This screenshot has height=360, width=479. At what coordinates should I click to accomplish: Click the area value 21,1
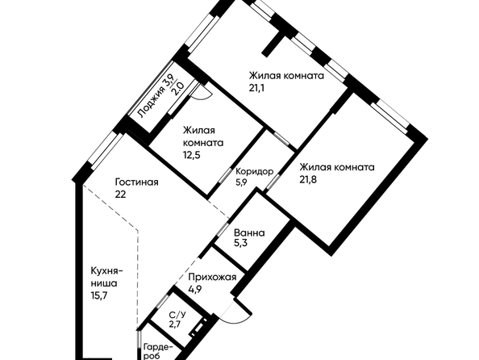coord(256,88)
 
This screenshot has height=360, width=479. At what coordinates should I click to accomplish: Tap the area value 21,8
coord(308,179)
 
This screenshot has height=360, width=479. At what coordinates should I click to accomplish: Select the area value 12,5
coord(192,155)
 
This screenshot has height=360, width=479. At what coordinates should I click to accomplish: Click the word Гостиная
coord(136,182)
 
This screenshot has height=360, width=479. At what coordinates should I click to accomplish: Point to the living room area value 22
coord(120,195)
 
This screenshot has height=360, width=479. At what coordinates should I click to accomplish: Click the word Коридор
coord(255,171)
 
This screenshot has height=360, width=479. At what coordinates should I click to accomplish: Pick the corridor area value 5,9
coord(241,182)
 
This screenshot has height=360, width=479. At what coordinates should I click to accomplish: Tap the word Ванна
coord(249,233)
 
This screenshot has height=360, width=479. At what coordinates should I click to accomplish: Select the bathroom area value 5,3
coord(240,244)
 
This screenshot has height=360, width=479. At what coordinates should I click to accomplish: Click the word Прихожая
coord(212,277)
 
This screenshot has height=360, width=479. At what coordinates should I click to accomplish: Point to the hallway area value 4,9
coord(194,289)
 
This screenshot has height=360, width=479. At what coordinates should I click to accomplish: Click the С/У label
coord(177,315)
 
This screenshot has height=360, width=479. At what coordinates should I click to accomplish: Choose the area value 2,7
coord(175,324)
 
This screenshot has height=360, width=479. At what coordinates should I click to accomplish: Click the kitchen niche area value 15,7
coord(98,295)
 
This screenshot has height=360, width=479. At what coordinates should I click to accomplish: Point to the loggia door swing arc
coord(202,94)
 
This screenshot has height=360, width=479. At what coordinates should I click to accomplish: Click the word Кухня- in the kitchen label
coord(107,271)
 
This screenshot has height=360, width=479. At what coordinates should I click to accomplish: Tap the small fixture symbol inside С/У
coord(198,328)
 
